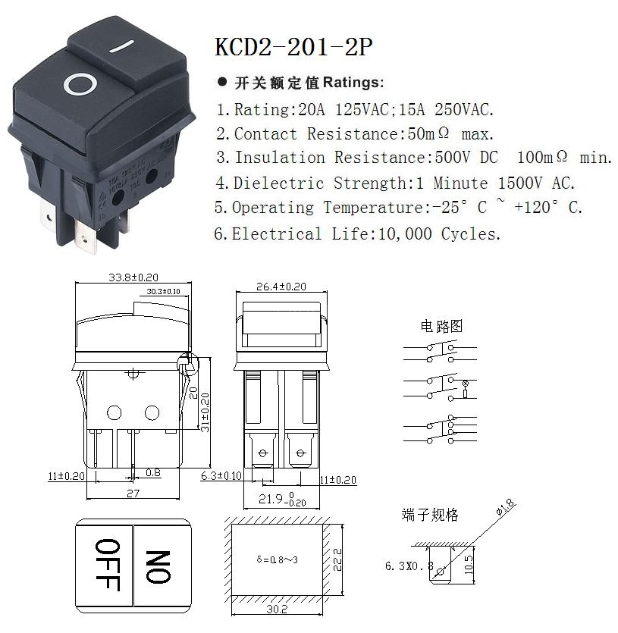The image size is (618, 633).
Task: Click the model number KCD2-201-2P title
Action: tap(294, 47)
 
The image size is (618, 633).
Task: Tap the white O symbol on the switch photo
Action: tap(79, 83)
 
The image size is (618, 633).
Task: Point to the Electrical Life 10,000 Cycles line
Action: tap(357, 233)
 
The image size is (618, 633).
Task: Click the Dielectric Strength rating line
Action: tap(395, 183)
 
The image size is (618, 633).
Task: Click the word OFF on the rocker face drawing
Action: tap(106, 564)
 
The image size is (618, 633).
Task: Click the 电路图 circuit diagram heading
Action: tap(441, 327)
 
